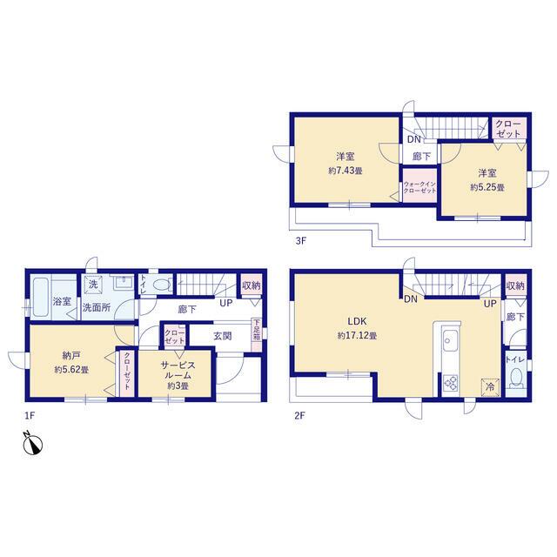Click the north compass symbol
(x=33, y=443)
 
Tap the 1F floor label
(x=30, y=415)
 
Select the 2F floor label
(x=299, y=415)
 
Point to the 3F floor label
(x=300, y=241)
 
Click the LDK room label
(x=357, y=321)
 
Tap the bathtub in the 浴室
(x=41, y=298)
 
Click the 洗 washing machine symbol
(x=93, y=285)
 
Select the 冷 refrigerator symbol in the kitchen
(x=490, y=387)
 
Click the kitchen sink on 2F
(x=451, y=339)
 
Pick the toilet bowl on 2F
(x=515, y=378)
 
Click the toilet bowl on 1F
(x=163, y=285)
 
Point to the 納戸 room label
(x=71, y=355)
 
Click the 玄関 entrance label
(x=223, y=336)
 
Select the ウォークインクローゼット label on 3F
(x=419, y=187)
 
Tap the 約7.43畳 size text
(x=346, y=171)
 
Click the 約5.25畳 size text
(x=487, y=187)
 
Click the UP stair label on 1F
(x=226, y=303)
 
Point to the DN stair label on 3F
(x=414, y=139)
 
